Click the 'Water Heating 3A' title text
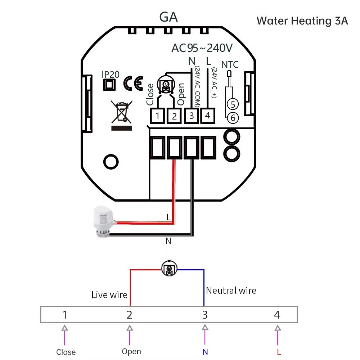pos(302,21)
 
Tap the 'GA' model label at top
pos(168,17)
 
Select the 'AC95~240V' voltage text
pos(202,48)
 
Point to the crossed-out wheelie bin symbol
pos(121,112)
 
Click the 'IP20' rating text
pos(110,75)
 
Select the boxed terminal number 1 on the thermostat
pos(158,116)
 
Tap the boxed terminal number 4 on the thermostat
pos(207,116)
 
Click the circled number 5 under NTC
pos(233,104)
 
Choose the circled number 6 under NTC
pos(233,117)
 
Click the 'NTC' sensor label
pos(230,65)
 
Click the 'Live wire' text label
pos(109,295)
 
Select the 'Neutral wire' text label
pos(231,291)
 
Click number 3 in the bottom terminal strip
pos(205,315)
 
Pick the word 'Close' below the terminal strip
pos(66,352)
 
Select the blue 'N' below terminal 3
pos(205,352)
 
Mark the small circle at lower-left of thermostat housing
pos(111,161)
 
